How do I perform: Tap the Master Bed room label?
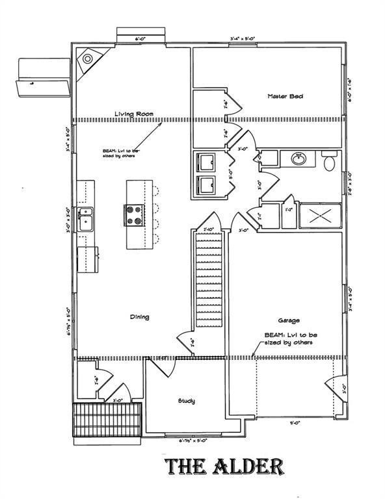coord(285,96)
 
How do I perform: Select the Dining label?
coord(139,317)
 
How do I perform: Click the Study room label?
coord(187,401)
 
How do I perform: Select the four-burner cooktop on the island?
coord(135,214)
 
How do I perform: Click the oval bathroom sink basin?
coord(299,159)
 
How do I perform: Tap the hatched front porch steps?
coord(107,423)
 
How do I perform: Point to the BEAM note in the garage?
coord(291,338)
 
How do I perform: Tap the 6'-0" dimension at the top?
coord(140,40)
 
